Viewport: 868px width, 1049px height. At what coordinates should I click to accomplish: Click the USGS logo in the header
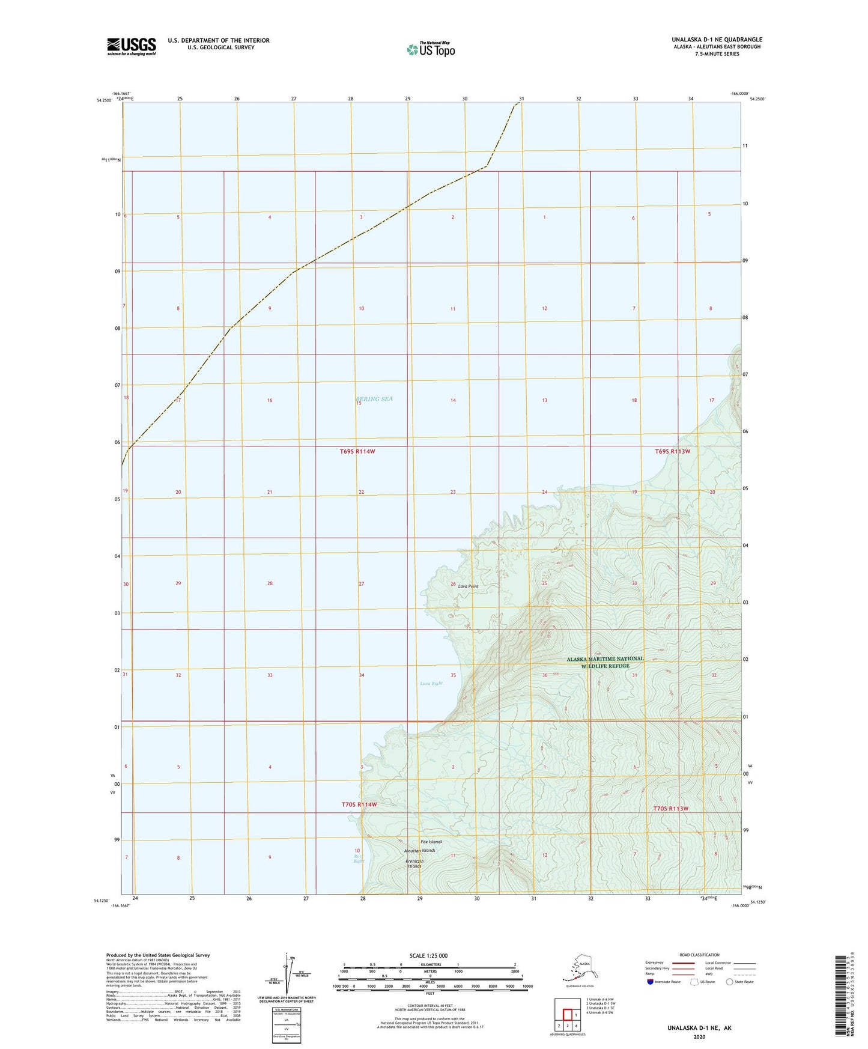(x=131, y=46)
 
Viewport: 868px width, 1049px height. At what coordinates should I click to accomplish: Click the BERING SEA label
(x=374, y=399)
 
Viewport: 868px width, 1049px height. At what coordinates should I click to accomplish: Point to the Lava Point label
(x=468, y=586)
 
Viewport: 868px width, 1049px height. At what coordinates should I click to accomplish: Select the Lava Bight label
(x=431, y=683)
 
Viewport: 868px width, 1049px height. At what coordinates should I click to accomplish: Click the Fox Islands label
(x=431, y=841)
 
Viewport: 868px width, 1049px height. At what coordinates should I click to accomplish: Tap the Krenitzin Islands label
(x=414, y=863)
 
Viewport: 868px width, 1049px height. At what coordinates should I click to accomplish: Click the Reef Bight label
(x=358, y=858)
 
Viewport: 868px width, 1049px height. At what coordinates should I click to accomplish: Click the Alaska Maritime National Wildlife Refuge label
(x=605, y=662)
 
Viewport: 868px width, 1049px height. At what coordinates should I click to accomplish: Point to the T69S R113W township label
(x=672, y=451)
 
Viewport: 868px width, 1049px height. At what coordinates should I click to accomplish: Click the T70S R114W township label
(x=359, y=804)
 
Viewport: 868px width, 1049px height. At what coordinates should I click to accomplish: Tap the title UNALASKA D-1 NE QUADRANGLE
(x=717, y=40)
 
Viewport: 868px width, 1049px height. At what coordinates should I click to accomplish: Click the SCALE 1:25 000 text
(x=429, y=955)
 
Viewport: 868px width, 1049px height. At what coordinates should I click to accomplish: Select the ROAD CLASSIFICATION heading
(x=699, y=955)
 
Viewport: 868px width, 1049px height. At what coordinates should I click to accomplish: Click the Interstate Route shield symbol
(x=651, y=982)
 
